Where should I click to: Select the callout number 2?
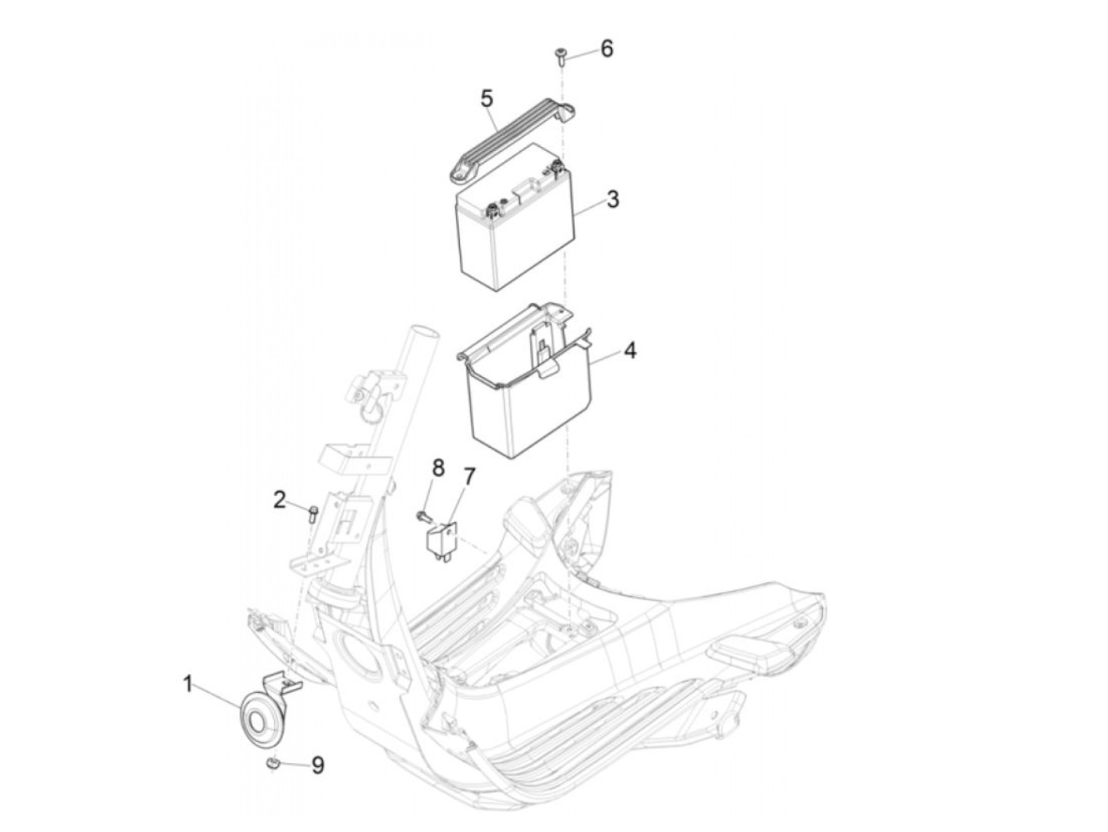(x=279, y=501)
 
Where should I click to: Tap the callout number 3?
(x=613, y=199)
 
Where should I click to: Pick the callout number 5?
(x=486, y=99)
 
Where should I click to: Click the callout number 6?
(x=606, y=49)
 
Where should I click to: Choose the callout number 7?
(x=469, y=477)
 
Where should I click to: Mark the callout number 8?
(x=438, y=467)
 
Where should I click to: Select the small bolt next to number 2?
(x=312, y=514)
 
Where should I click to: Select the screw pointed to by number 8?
(x=423, y=516)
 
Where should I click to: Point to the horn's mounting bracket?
(x=279, y=683)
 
